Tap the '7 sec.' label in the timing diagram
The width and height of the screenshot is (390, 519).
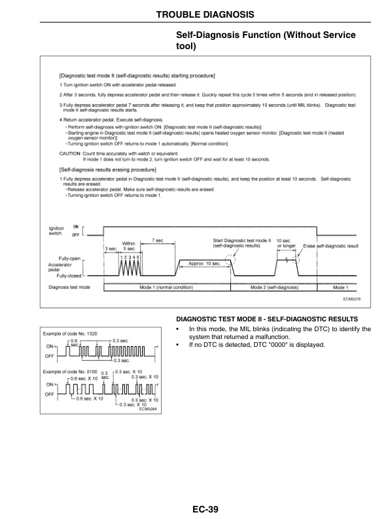[157, 240]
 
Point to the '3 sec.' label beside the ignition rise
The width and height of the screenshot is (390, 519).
[111, 249]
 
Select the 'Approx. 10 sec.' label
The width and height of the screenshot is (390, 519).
[205, 262]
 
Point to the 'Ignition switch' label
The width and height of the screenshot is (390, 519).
[57, 230]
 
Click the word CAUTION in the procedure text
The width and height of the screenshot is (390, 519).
[70, 153]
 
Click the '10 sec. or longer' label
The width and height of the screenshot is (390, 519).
[287, 243]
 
